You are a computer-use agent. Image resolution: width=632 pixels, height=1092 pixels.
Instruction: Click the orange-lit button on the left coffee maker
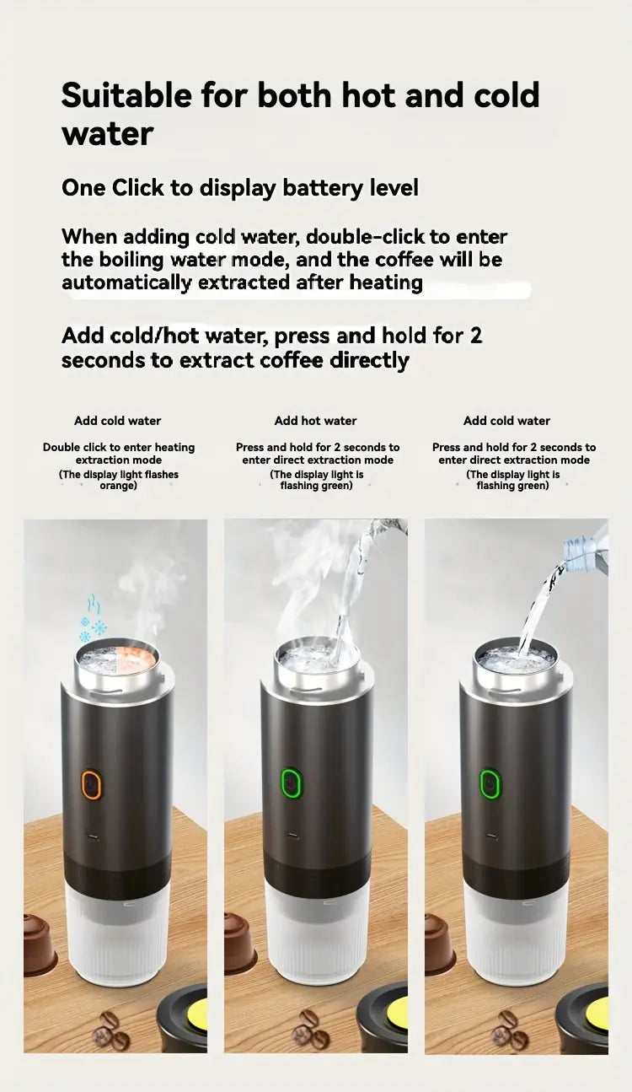[91, 785]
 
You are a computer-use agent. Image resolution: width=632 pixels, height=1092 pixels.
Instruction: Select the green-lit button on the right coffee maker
[490, 784]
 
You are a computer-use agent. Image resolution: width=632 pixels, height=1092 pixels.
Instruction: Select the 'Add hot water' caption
[315, 421]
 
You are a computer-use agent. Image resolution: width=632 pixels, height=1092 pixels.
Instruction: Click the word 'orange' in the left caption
[117, 487]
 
